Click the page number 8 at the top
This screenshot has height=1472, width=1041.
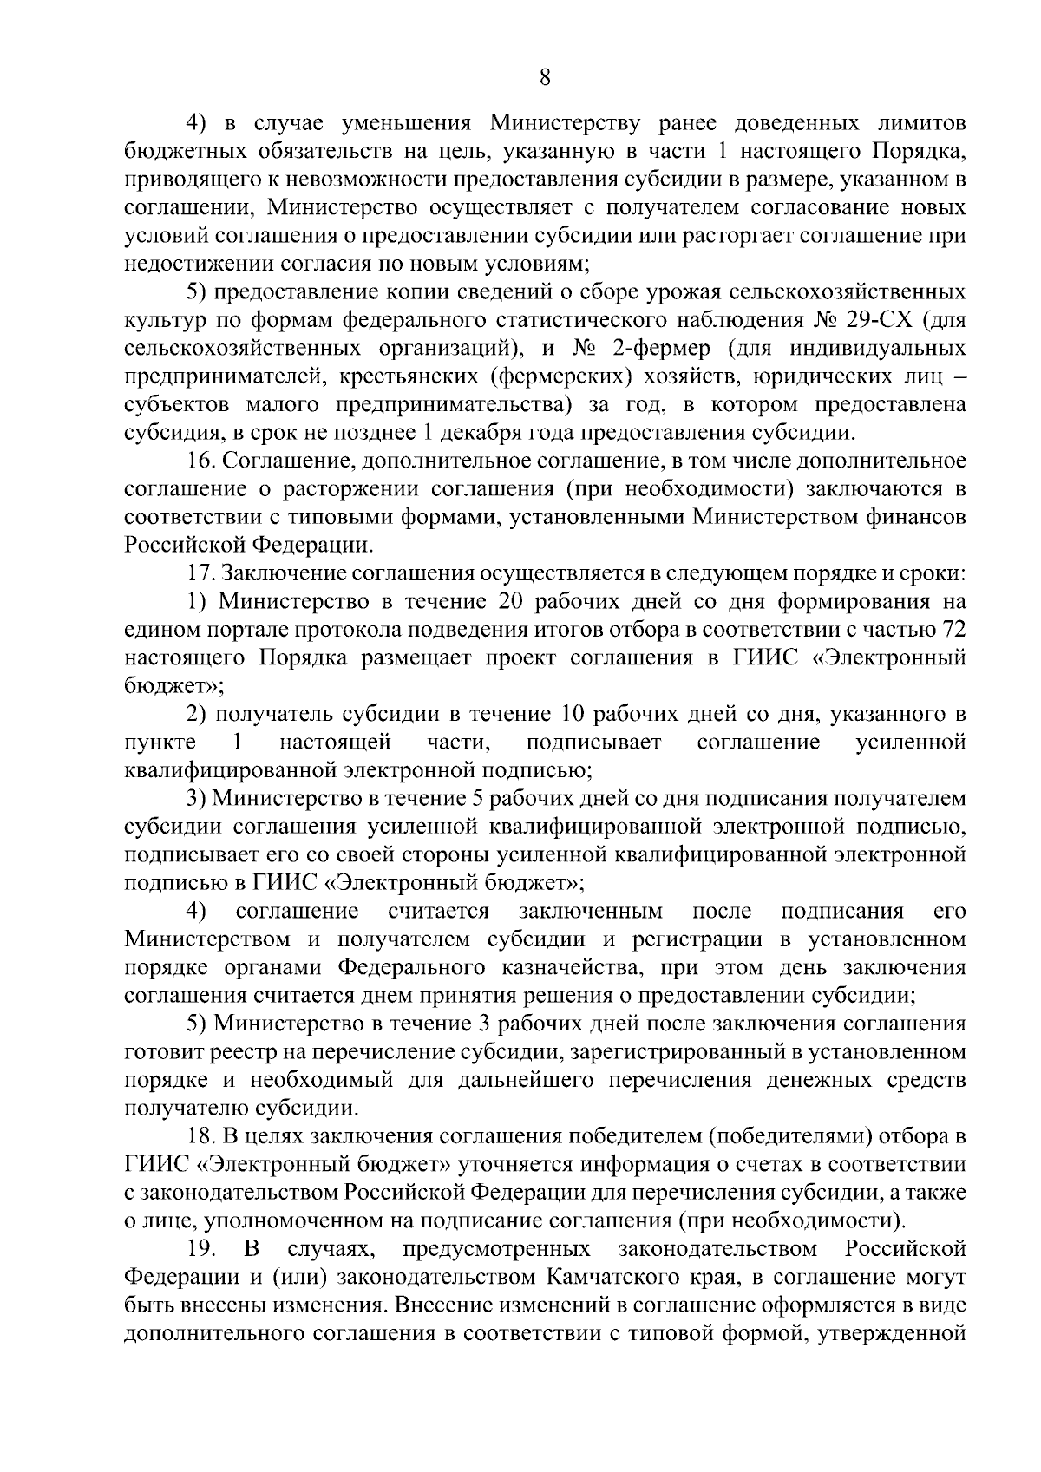tap(544, 78)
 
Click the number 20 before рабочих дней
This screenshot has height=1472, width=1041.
tap(511, 601)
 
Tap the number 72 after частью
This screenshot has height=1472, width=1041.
tap(952, 629)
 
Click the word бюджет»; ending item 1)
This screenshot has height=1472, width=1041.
tap(174, 685)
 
